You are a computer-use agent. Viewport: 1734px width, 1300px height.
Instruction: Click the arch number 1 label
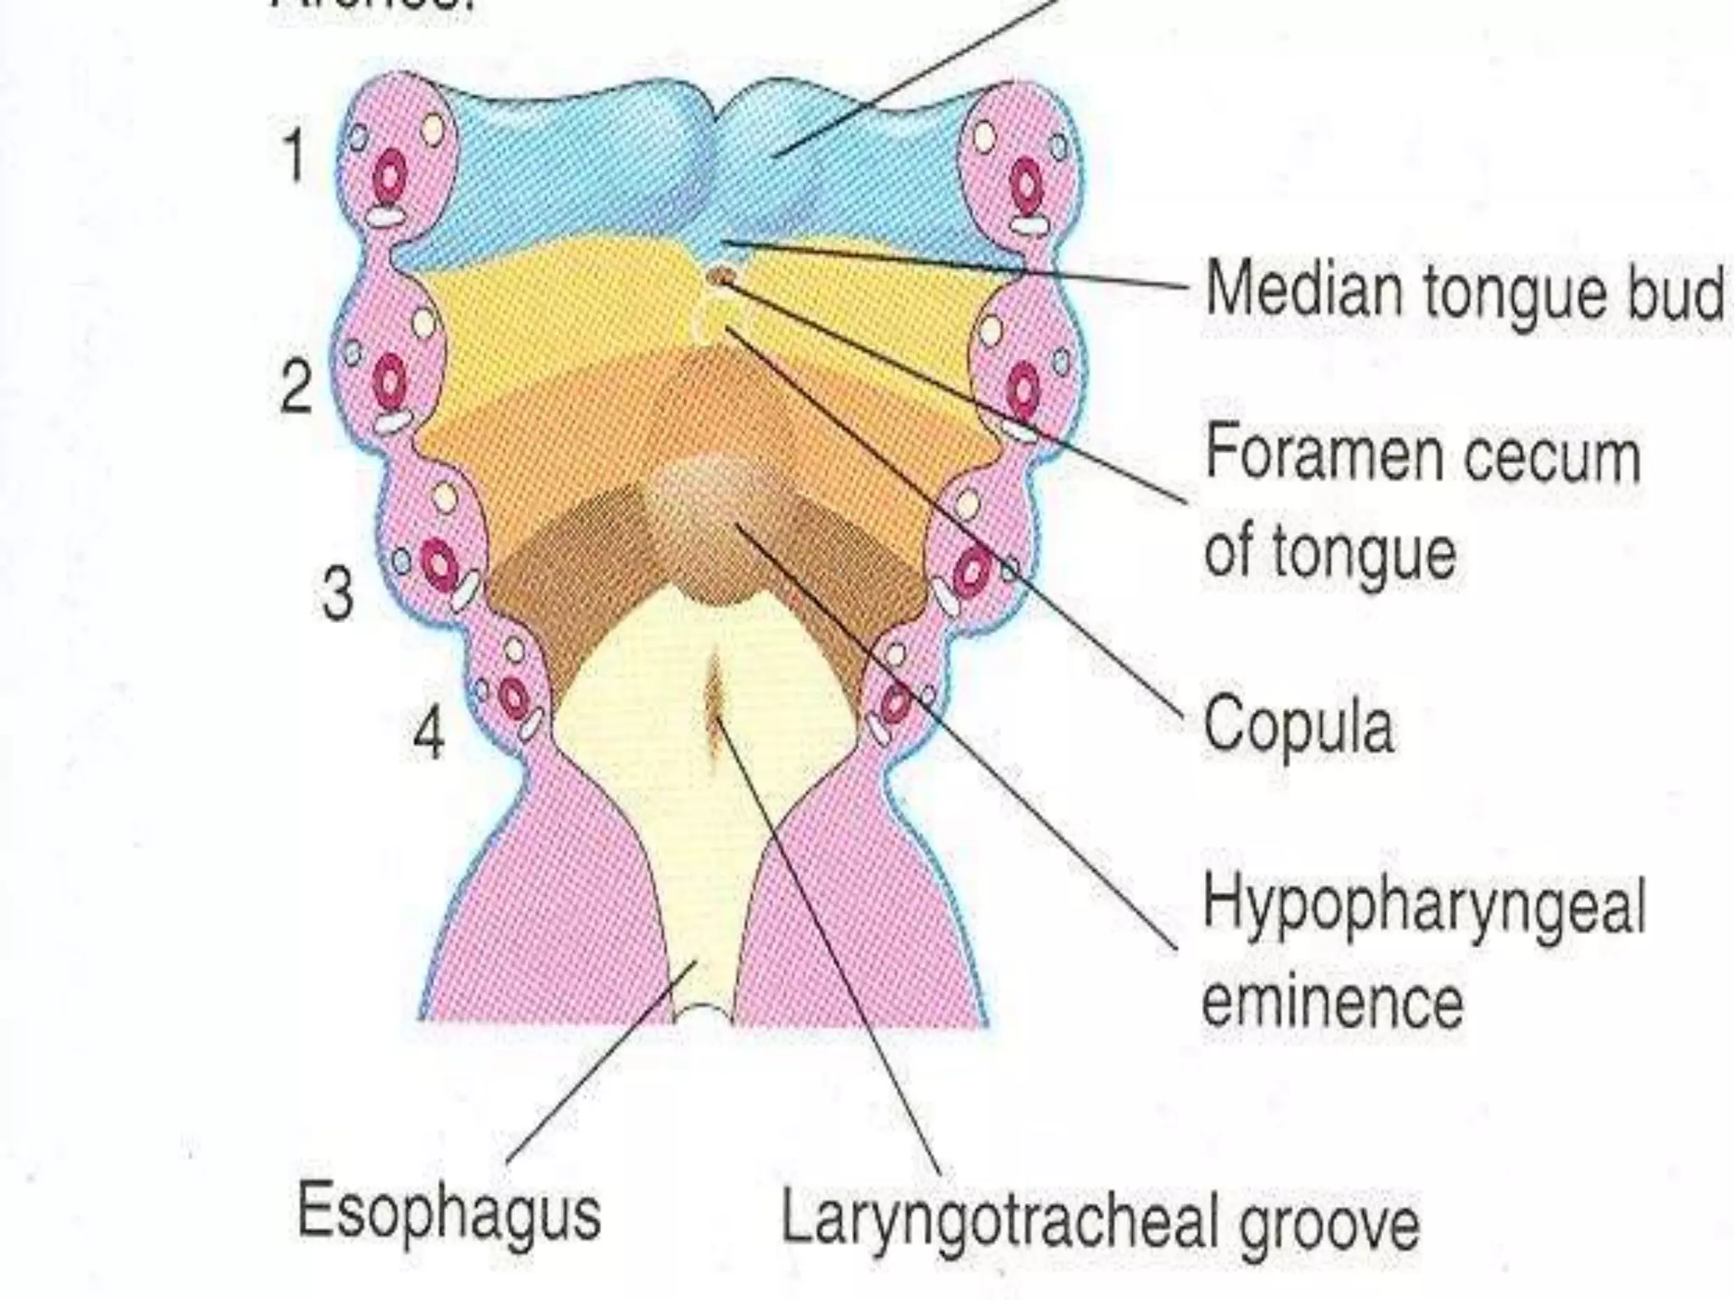tap(293, 157)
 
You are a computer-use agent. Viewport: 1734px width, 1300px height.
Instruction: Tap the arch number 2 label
tap(295, 387)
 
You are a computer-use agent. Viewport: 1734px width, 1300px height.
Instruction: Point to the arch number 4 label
tap(428, 734)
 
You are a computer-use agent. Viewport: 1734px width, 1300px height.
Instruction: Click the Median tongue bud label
tap(1463, 290)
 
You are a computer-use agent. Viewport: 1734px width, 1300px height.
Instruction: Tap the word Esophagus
tap(449, 1212)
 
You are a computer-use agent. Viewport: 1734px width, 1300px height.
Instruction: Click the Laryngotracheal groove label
tap(1099, 1220)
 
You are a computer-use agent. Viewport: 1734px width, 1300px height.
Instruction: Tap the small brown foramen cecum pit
tap(721, 275)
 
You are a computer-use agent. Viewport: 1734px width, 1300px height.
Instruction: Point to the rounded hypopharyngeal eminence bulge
tap(707, 508)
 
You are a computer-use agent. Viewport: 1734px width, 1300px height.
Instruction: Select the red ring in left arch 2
tap(389, 381)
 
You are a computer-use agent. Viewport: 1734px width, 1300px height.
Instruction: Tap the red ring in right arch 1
tap(1026, 186)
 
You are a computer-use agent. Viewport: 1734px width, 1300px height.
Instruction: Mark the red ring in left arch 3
tap(439, 562)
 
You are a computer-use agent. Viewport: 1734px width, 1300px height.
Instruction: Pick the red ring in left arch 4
tap(512, 699)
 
